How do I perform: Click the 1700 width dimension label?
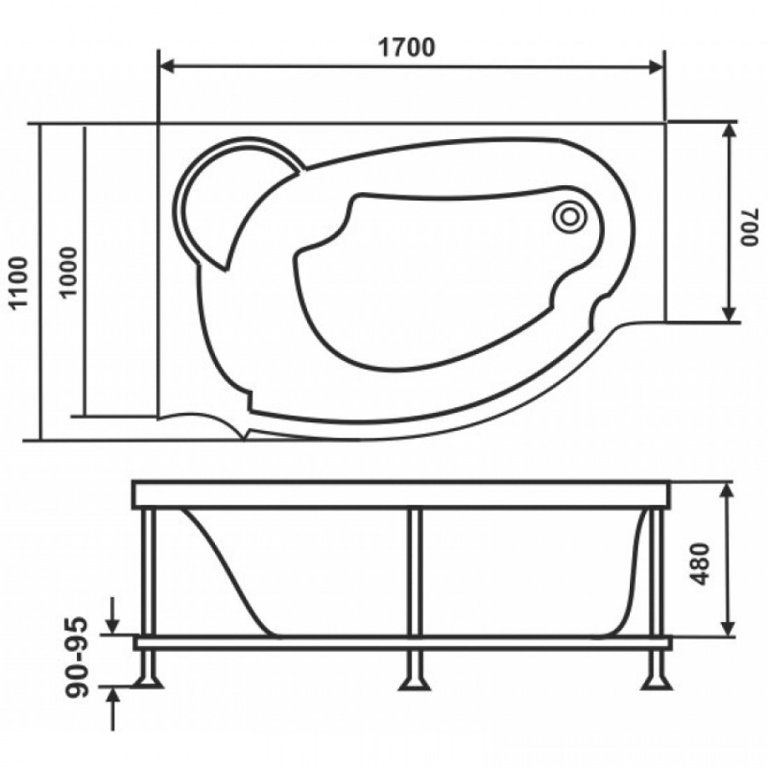click(x=406, y=48)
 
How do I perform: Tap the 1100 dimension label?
click(x=20, y=282)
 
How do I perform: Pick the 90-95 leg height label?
click(x=77, y=656)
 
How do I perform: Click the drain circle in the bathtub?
click(x=569, y=216)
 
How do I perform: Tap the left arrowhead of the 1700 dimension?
click(x=167, y=67)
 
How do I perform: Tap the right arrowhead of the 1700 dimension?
click(x=655, y=67)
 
